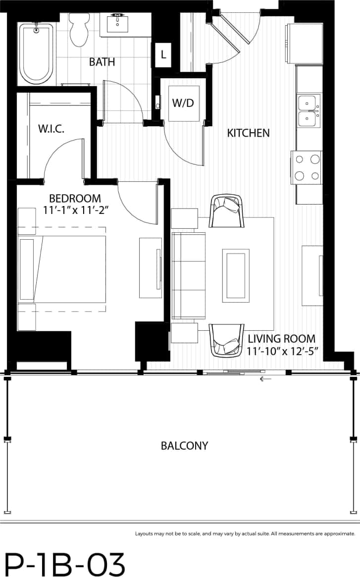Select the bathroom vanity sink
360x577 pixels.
(x=118, y=23)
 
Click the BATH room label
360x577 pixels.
(x=102, y=62)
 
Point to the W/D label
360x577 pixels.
(x=182, y=104)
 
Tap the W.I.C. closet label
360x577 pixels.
(x=51, y=129)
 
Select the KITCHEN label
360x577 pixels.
(x=248, y=133)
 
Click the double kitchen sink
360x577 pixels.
(x=309, y=111)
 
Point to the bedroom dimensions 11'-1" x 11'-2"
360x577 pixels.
(x=75, y=210)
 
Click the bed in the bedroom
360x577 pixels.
(x=62, y=269)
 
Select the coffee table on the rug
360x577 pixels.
(x=236, y=275)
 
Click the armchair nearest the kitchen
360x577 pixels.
(x=227, y=210)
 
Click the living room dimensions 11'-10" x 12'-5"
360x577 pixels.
(x=282, y=351)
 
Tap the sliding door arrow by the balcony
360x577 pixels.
(x=266, y=379)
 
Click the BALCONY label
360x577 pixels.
(x=184, y=446)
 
